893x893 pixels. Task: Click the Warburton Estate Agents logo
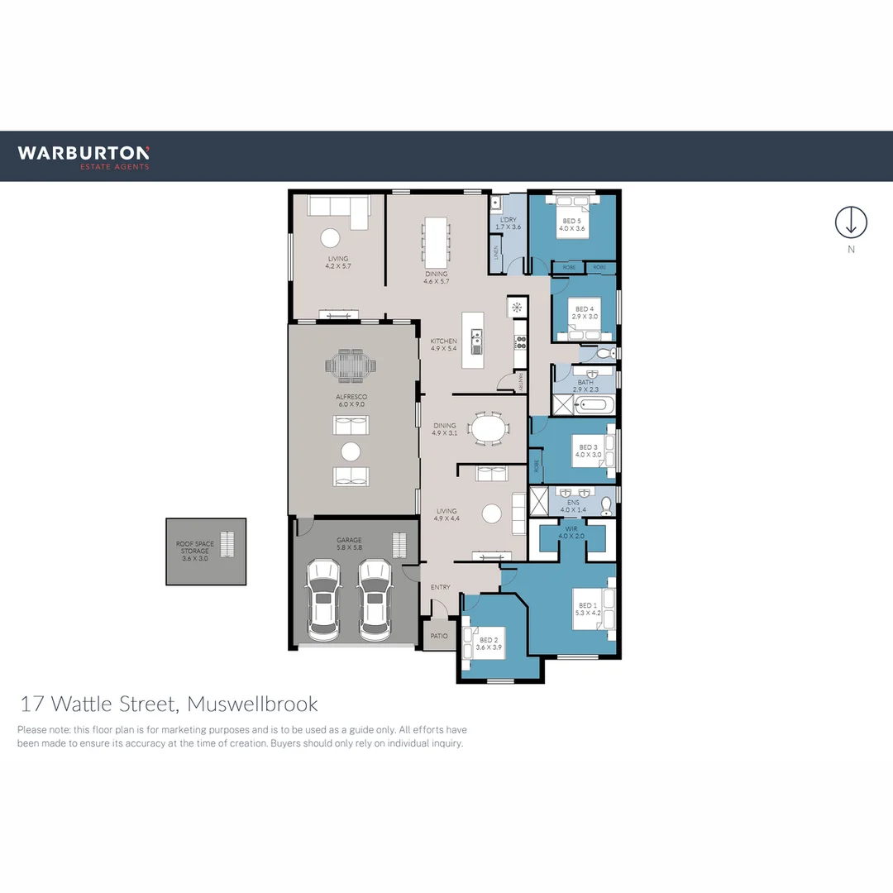(84, 156)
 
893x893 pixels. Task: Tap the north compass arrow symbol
(850, 222)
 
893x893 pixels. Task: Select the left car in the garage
(323, 599)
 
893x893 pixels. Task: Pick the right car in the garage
(375, 599)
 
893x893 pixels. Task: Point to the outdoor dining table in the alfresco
(351, 365)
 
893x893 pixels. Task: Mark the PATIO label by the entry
(438, 637)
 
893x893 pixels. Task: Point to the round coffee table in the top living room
(330, 238)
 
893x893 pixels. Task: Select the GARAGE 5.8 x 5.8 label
(349, 543)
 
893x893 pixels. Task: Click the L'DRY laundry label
(507, 223)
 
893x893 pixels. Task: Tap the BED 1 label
(587, 609)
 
